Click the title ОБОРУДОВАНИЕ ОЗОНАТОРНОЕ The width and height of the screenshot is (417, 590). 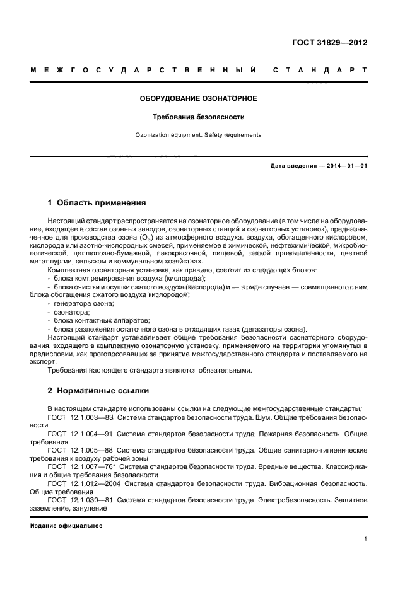[x=199, y=99]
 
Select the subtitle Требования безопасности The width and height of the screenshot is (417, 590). [x=199, y=117]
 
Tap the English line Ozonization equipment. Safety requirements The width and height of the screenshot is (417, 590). [x=199, y=135]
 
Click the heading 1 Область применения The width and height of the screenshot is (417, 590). [x=97, y=203]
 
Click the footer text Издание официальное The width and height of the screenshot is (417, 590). [x=66, y=525]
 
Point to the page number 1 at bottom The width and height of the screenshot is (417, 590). [x=366, y=539]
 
